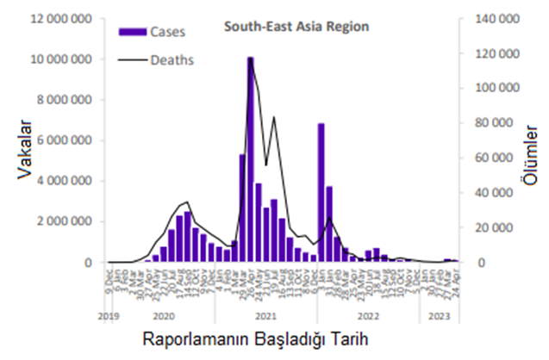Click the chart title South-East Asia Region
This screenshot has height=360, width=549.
point(296,26)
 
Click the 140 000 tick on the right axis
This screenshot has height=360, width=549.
point(498,19)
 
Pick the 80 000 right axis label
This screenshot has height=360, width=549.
point(501,123)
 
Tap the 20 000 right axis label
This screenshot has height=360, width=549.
point(501,227)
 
